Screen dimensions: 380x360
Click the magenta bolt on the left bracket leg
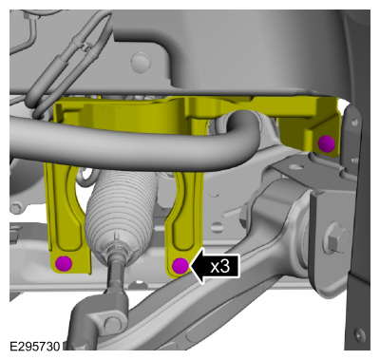tap(64, 263)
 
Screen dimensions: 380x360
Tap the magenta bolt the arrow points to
tap(180, 266)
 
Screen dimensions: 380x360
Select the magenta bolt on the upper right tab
tap(327, 143)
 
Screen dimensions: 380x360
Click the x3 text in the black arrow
tap(220, 267)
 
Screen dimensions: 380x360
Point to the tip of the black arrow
tap(190, 267)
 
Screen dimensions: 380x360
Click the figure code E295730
tap(34, 347)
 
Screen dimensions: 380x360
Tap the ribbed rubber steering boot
tap(122, 209)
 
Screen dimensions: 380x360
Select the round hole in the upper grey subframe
tap(141, 60)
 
